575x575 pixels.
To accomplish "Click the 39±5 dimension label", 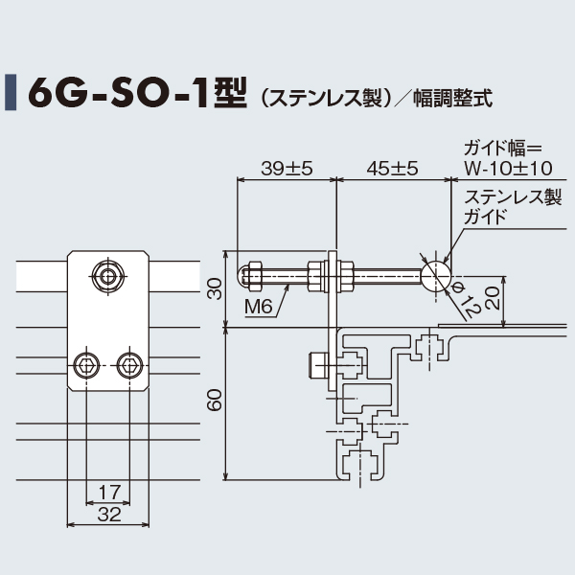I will pyautogui.click(x=287, y=168).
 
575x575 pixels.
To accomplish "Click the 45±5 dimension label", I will pyautogui.click(x=392, y=168).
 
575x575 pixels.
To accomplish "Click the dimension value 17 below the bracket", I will pyautogui.click(x=109, y=492).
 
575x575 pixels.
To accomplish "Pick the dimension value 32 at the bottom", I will pyautogui.click(x=109, y=514).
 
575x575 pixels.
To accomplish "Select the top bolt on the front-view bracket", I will pyautogui.click(x=108, y=278).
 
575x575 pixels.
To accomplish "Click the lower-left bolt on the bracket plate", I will pyautogui.click(x=87, y=363).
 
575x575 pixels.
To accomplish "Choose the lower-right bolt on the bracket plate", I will pyautogui.click(x=129, y=363).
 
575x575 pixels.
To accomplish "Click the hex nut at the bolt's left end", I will pyautogui.click(x=253, y=276).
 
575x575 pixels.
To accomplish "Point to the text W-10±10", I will pyautogui.click(x=507, y=168).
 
